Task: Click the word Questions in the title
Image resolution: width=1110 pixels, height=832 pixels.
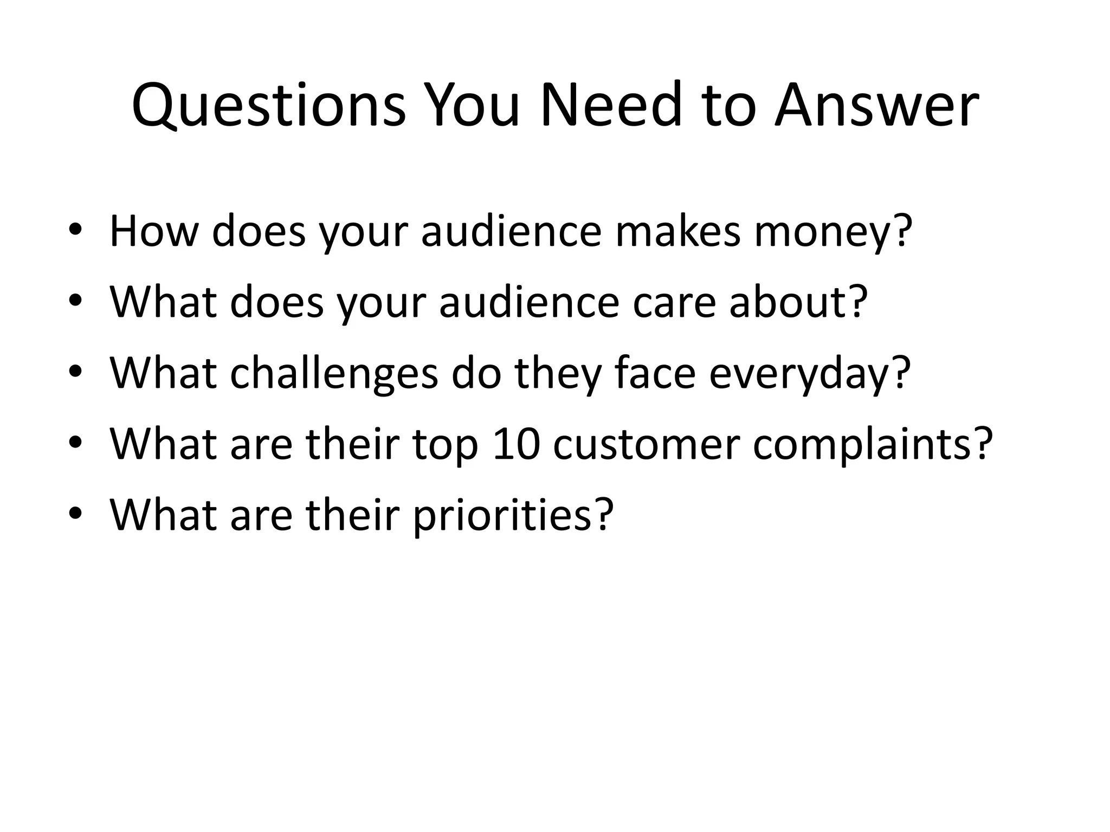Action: click(268, 105)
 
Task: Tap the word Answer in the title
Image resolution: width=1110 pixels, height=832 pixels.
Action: click(876, 105)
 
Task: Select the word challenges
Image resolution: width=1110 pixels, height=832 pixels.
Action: click(333, 374)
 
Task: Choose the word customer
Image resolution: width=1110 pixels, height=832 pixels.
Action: click(647, 444)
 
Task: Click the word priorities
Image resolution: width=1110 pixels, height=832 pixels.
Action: click(502, 515)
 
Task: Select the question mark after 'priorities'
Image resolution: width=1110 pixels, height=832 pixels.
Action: click(603, 514)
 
